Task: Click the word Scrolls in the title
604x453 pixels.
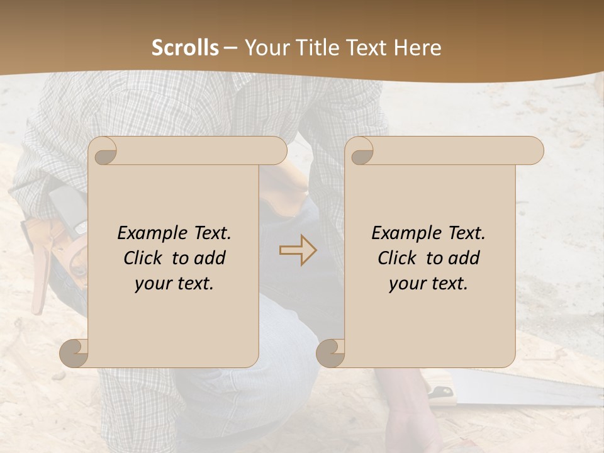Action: click(185, 48)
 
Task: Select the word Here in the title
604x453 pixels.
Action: click(418, 48)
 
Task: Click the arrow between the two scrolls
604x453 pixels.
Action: click(298, 250)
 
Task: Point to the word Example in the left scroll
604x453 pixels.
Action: click(152, 233)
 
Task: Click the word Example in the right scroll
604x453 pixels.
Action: click(406, 233)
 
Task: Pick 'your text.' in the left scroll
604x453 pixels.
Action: click(174, 283)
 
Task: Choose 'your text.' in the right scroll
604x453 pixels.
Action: click(428, 283)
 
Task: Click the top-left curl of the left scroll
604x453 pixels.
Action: click(103, 152)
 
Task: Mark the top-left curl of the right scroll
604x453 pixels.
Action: click(360, 152)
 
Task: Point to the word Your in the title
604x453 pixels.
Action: click(264, 48)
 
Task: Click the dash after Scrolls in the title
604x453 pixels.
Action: click(230, 48)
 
